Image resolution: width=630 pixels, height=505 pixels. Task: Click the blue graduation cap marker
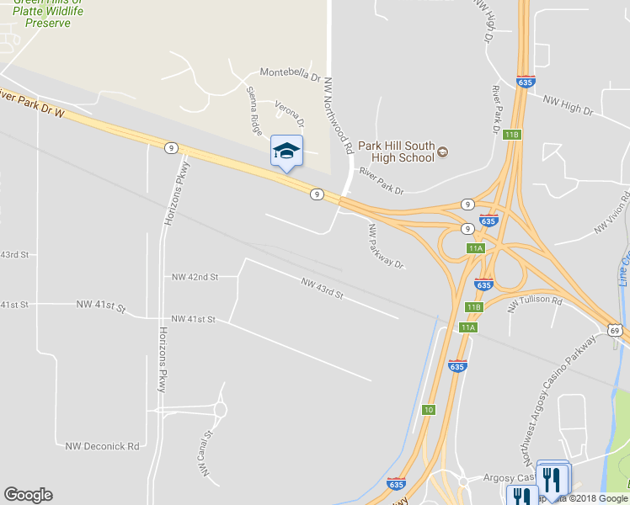286,151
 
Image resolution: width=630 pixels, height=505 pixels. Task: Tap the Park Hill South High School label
396,151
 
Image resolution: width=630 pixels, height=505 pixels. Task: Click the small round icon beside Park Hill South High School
443,151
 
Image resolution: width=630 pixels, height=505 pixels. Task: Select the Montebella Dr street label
291,74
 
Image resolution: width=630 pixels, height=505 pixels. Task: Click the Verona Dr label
290,114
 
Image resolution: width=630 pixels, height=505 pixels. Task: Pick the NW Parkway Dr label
386,246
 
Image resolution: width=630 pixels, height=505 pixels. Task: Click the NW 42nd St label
195,276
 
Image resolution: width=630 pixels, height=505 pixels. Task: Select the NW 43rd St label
323,289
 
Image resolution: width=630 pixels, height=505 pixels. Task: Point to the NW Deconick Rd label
102,446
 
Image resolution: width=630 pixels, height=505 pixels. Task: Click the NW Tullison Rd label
534,305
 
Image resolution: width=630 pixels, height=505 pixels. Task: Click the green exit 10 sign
429,409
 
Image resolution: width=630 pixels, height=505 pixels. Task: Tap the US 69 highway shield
617,331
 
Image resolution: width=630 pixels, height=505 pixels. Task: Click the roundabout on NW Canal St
221,410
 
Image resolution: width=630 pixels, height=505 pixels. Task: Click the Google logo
28,495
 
